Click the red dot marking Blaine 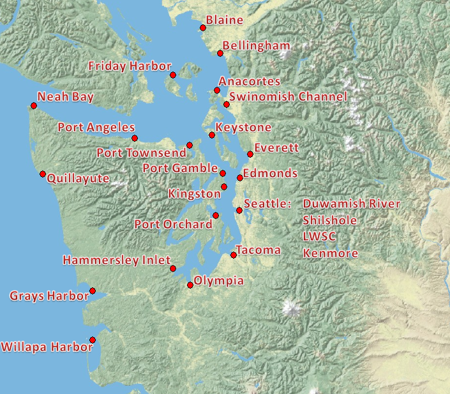pyautogui.click(x=203, y=27)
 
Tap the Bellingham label pyautogui.click(x=256, y=46)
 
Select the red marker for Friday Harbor pyautogui.click(x=173, y=75)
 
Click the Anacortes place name pyautogui.click(x=250, y=82)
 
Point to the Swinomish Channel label pyautogui.click(x=288, y=97)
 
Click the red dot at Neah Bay pyautogui.click(x=34, y=105)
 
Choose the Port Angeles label pyautogui.click(x=96, y=128)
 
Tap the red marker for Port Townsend pyautogui.click(x=190, y=145)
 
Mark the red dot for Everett pyautogui.click(x=250, y=154)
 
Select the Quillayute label pyautogui.click(x=78, y=179)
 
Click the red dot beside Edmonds pyautogui.click(x=240, y=178)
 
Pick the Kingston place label pyautogui.click(x=194, y=193)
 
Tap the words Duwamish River pyautogui.click(x=352, y=204)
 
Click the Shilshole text pyautogui.click(x=330, y=220)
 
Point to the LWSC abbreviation pyautogui.click(x=320, y=237)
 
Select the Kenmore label pyautogui.click(x=330, y=254)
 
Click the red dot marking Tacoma pyautogui.click(x=234, y=255)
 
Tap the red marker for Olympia pyautogui.click(x=190, y=285)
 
